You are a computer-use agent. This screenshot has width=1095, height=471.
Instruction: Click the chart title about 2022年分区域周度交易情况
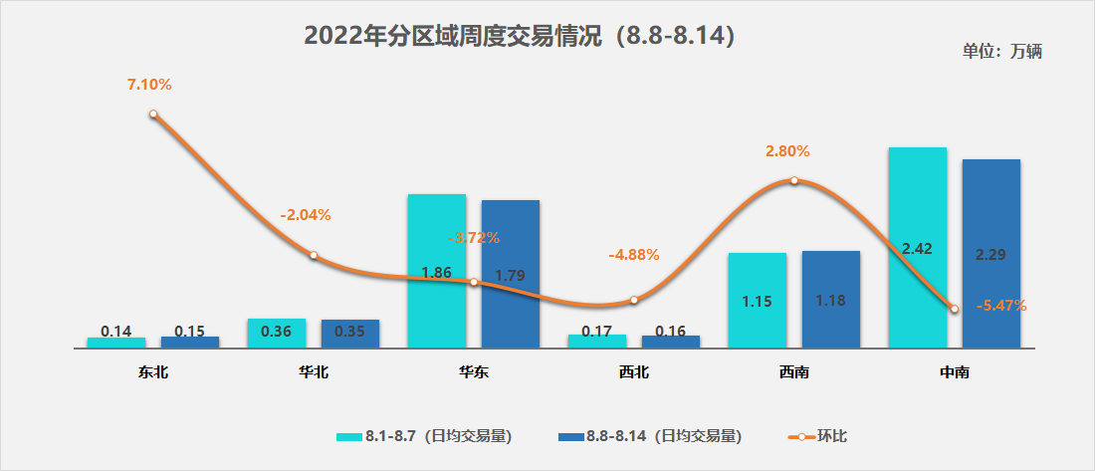pyautogui.click(x=520, y=37)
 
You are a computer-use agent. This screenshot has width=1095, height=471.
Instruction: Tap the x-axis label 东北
pyautogui.click(x=153, y=372)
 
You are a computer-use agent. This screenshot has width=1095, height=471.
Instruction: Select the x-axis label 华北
pyautogui.click(x=313, y=372)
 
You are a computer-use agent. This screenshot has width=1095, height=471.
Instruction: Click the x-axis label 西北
pyautogui.click(x=633, y=372)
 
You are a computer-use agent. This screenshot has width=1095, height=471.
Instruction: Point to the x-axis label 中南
pyautogui.click(x=954, y=372)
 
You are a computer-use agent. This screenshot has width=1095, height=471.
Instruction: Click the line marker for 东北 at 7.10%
pyautogui.click(x=153, y=115)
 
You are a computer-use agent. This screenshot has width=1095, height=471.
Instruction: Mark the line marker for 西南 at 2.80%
pyautogui.click(x=794, y=180)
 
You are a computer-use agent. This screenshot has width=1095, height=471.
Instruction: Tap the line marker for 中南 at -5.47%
pyautogui.click(x=955, y=309)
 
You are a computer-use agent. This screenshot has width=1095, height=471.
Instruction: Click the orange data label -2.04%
pyautogui.click(x=306, y=214)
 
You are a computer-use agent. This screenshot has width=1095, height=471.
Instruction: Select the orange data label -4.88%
pyautogui.click(x=633, y=254)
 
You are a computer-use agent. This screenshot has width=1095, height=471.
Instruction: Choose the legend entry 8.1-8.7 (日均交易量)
pyautogui.click(x=425, y=436)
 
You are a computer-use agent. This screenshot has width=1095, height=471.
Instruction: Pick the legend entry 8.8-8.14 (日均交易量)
pyautogui.click(x=650, y=436)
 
